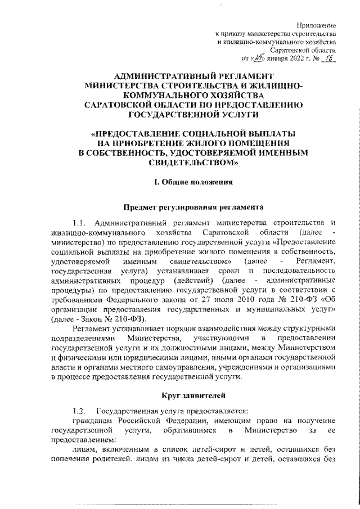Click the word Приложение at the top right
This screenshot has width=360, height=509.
tap(317, 26)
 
